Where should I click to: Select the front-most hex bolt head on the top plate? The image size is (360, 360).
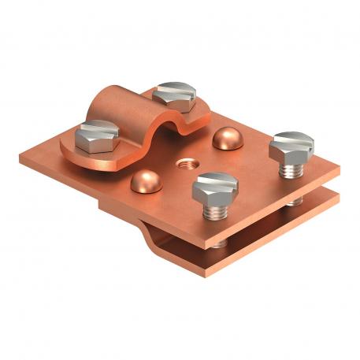pyautogui.click(x=216, y=187)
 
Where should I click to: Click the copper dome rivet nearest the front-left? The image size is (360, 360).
pyautogui.click(x=144, y=181)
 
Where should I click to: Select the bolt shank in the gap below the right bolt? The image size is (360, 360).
pyautogui.click(x=295, y=202)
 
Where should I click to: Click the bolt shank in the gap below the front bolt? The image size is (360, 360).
pyautogui.click(x=220, y=243)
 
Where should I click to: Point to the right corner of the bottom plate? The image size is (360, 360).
pyautogui.click(x=337, y=197)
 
